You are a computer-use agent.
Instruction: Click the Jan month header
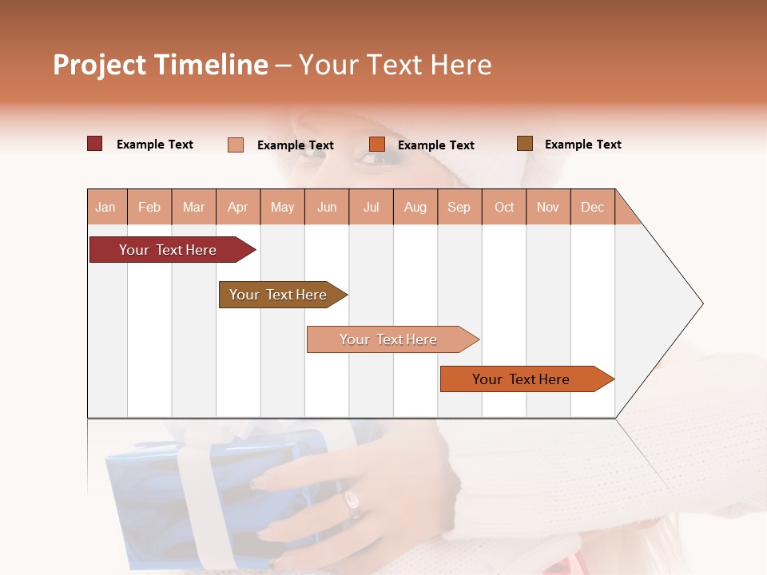[x=105, y=208]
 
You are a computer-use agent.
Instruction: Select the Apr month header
[x=238, y=208]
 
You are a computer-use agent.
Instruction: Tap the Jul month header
[x=371, y=208]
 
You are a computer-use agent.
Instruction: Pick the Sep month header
[x=459, y=208]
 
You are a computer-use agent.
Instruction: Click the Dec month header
[x=592, y=208]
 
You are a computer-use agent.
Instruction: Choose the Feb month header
[x=149, y=208]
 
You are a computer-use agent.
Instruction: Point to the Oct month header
[x=504, y=208]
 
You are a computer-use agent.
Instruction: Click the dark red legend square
[x=95, y=144]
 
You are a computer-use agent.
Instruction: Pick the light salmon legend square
[x=236, y=145]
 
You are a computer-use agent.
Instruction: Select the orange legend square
[x=377, y=144]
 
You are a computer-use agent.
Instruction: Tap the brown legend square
[x=525, y=144]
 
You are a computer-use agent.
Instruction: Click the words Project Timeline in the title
[x=160, y=65]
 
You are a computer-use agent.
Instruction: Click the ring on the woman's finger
[x=352, y=502]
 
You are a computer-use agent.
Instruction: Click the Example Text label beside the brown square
[x=582, y=145]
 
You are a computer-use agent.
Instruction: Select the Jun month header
[x=327, y=208]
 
